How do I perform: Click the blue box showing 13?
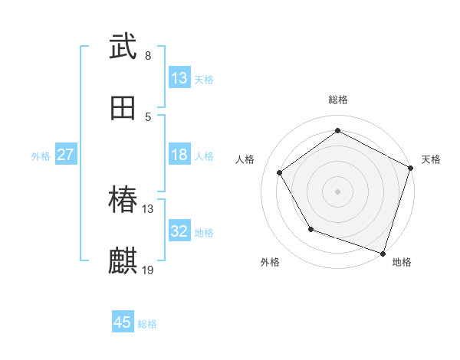[x=179, y=78]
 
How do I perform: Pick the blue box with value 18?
[x=179, y=155]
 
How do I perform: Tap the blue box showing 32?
[x=179, y=231]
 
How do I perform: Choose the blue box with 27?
[x=66, y=155]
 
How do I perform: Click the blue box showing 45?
[x=123, y=322]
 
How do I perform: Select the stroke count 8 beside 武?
[x=148, y=56]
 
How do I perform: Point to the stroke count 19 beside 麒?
[x=148, y=270]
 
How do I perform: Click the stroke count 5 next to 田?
[x=148, y=116]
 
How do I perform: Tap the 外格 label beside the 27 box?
[x=41, y=156]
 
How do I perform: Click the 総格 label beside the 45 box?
[x=147, y=323]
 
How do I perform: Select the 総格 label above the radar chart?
[x=338, y=100]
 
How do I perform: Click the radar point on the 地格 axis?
[x=383, y=252]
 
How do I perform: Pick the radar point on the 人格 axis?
[x=280, y=173]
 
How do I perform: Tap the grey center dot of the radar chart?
[x=338, y=191]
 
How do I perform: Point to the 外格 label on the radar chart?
[x=270, y=262]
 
